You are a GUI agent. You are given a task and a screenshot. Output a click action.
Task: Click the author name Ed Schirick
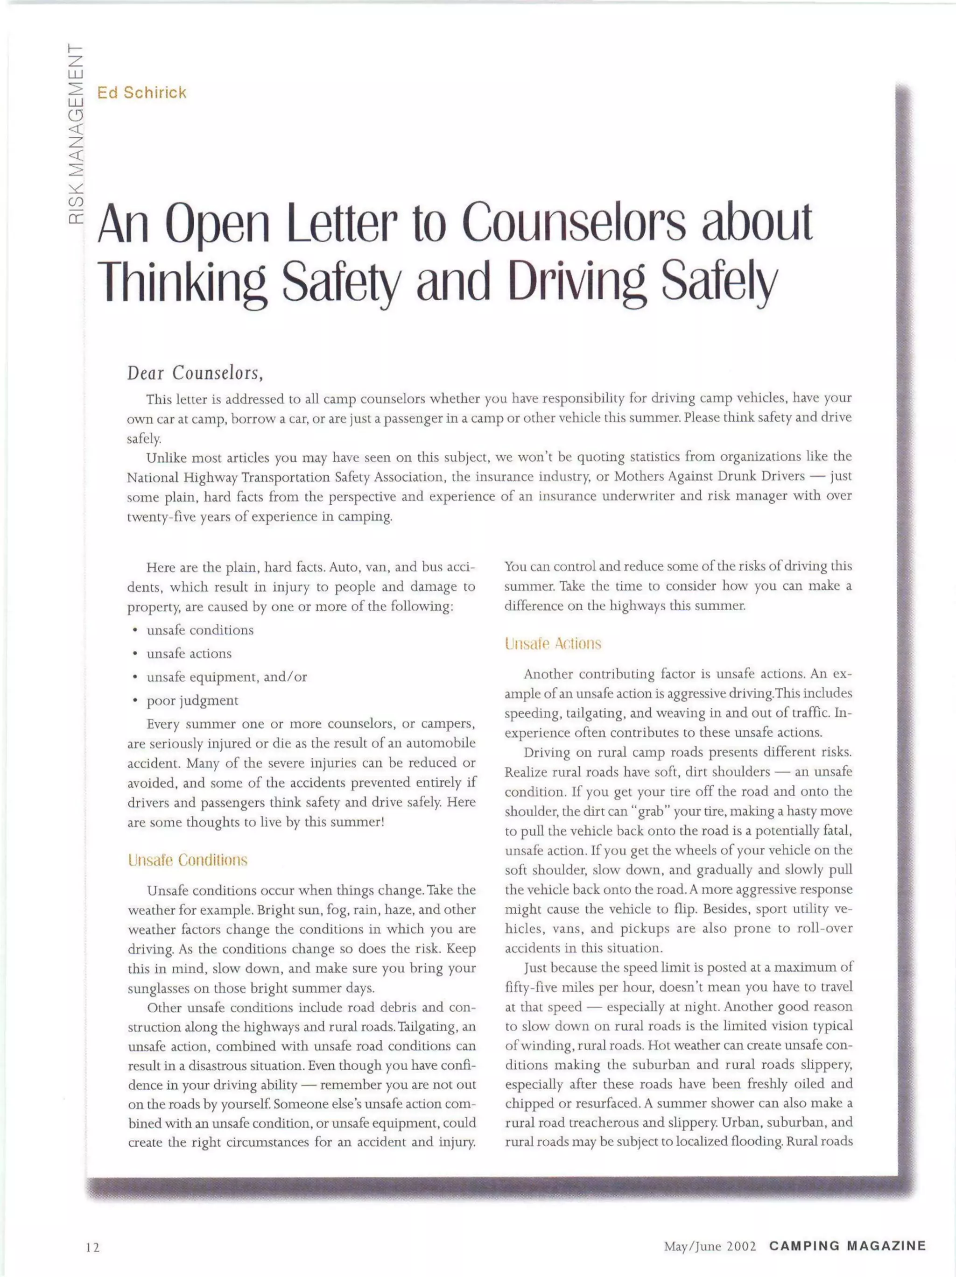(x=142, y=93)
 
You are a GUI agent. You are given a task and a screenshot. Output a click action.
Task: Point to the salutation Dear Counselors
(x=195, y=374)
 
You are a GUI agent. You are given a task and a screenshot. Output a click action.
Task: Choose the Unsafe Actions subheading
(x=553, y=644)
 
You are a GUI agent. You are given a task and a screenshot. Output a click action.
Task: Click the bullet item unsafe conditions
(x=200, y=630)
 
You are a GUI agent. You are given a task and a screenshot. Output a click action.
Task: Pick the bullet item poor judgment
(x=192, y=701)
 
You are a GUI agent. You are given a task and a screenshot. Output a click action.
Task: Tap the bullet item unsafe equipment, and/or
(x=226, y=677)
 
